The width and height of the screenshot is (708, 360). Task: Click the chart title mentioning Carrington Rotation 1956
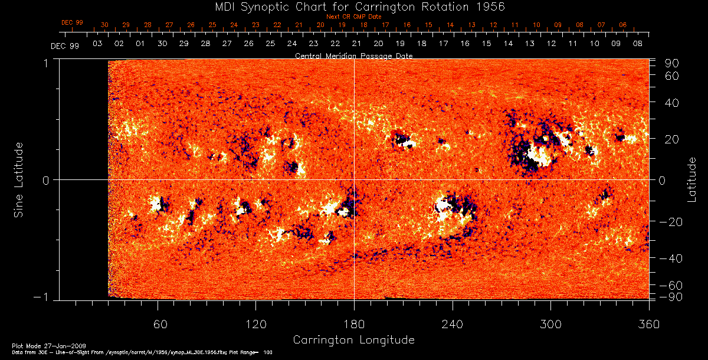(x=354, y=6)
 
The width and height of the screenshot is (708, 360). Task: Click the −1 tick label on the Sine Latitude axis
(x=44, y=297)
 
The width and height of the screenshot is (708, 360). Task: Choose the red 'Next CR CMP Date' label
(x=353, y=17)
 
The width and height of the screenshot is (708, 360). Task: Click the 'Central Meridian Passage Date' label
(x=353, y=56)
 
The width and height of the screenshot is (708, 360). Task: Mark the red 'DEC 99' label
(x=72, y=22)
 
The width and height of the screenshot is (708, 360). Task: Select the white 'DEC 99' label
(x=64, y=45)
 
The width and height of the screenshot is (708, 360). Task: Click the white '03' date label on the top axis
(x=97, y=44)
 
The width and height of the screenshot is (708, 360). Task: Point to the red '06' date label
(x=623, y=25)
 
